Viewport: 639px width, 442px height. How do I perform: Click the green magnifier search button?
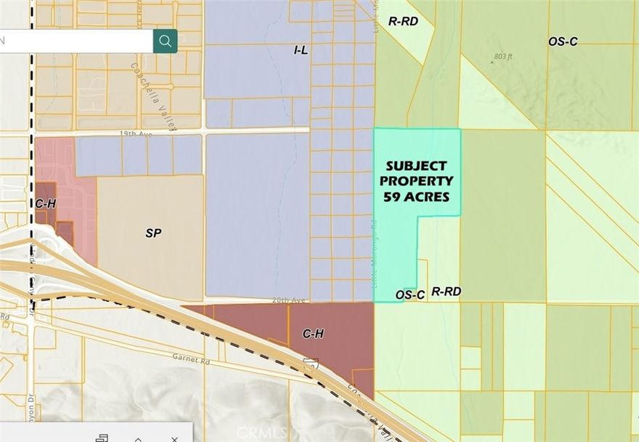(166, 41)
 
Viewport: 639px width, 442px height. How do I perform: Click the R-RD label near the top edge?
(403, 22)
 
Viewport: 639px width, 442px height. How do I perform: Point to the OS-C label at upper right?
(563, 41)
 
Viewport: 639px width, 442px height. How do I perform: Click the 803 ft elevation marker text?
(503, 56)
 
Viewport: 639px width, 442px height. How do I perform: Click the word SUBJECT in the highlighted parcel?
(416, 166)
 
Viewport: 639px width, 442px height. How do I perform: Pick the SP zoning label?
(153, 233)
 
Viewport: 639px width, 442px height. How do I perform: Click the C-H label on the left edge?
(45, 204)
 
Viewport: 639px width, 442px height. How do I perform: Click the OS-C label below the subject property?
(410, 294)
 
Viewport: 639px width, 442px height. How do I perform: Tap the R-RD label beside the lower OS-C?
(446, 292)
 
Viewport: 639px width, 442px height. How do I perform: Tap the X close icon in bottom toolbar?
(174, 438)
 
